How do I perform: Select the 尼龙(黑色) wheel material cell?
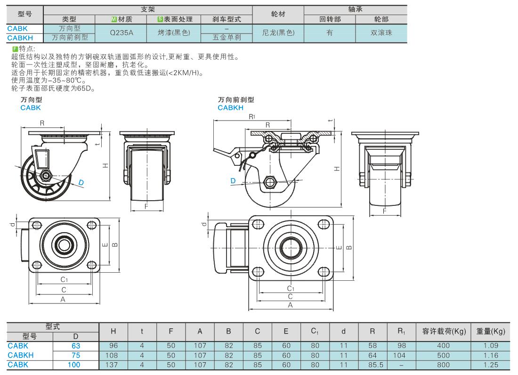coord(278,33)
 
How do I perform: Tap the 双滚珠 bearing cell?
coord(381,33)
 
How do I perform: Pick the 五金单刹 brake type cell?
coord(227,37)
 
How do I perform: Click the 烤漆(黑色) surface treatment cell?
coord(173,33)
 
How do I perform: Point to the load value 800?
coord(443,364)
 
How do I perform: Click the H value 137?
coord(113,364)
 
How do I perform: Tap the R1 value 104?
coord(401,355)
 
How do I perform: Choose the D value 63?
coord(75,345)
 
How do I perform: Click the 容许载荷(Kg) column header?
coord(443,331)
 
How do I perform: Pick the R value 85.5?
coord(372,364)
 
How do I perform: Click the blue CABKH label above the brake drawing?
coord(230,108)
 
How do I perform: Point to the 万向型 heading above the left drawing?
coord(31,100)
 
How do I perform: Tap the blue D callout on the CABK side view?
coord(81,182)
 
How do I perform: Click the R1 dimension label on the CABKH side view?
coord(252,116)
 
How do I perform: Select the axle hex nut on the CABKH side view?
coord(270,182)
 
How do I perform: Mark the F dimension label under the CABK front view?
coord(146,206)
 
